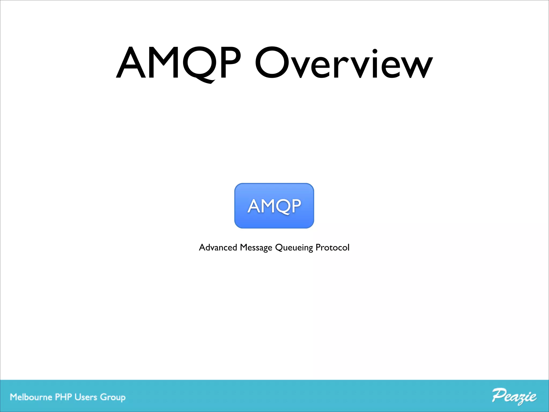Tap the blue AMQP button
pyautogui.click(x=274, y=206)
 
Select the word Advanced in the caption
pyautogui.click(x=218, y=247)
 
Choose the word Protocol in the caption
pyautogui.click(x=332, y=247)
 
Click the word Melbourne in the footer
pyautogui.click(x=31, y=397)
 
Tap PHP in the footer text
pyautogui.click(x=63, y=397)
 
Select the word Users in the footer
pyautogui.click(x=86, y=397)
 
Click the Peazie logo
pyautogui.click(x=514, y=396)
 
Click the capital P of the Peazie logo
pyautogui.click(x=499, y=395)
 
